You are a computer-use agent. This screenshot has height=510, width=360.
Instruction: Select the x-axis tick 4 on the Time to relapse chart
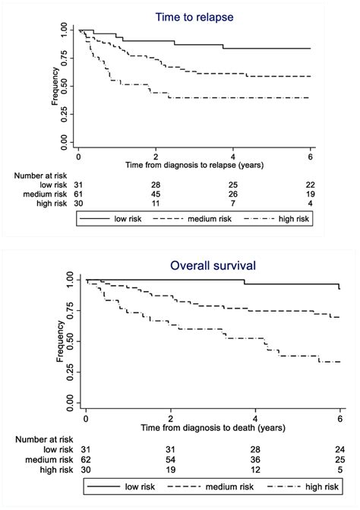click(x=233, y=154)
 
